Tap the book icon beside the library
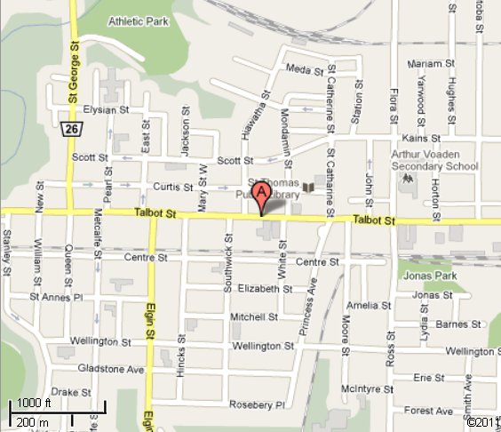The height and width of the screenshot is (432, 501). click(x=307, y=188)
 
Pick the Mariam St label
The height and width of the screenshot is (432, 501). click(x=425, y=63)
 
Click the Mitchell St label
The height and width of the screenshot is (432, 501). click(x=255, y=316)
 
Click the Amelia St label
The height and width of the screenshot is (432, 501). click(x=363, y=305)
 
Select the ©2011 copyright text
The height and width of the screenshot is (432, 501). click(x=480, y=421)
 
